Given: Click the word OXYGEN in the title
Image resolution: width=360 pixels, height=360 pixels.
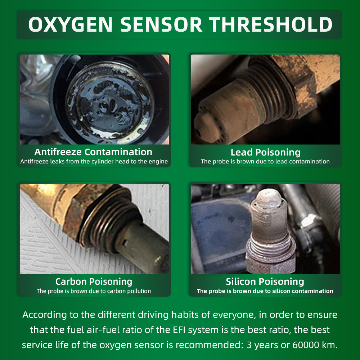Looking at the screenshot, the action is tap(71, 24).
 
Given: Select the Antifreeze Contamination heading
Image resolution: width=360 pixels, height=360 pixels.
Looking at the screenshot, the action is tap(93, 152).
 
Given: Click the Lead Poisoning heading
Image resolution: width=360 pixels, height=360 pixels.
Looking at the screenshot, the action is tap(265, 152).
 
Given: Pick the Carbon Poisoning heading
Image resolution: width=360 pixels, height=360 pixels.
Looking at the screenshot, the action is tap(94, 282).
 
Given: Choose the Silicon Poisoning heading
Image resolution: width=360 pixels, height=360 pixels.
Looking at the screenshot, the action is tap(265, 282).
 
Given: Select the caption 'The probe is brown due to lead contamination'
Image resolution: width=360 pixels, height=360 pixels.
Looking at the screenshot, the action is tap(265, 161).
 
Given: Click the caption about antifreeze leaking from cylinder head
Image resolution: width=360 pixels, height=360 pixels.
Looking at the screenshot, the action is tap(94, 161).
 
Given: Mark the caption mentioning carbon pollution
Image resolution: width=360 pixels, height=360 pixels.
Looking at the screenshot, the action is tap(94, 291).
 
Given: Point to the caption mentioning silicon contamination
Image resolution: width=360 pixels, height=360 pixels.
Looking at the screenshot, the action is tap(265, 291).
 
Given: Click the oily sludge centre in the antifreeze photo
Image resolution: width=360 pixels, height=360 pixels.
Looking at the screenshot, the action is tap(110, 103).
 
